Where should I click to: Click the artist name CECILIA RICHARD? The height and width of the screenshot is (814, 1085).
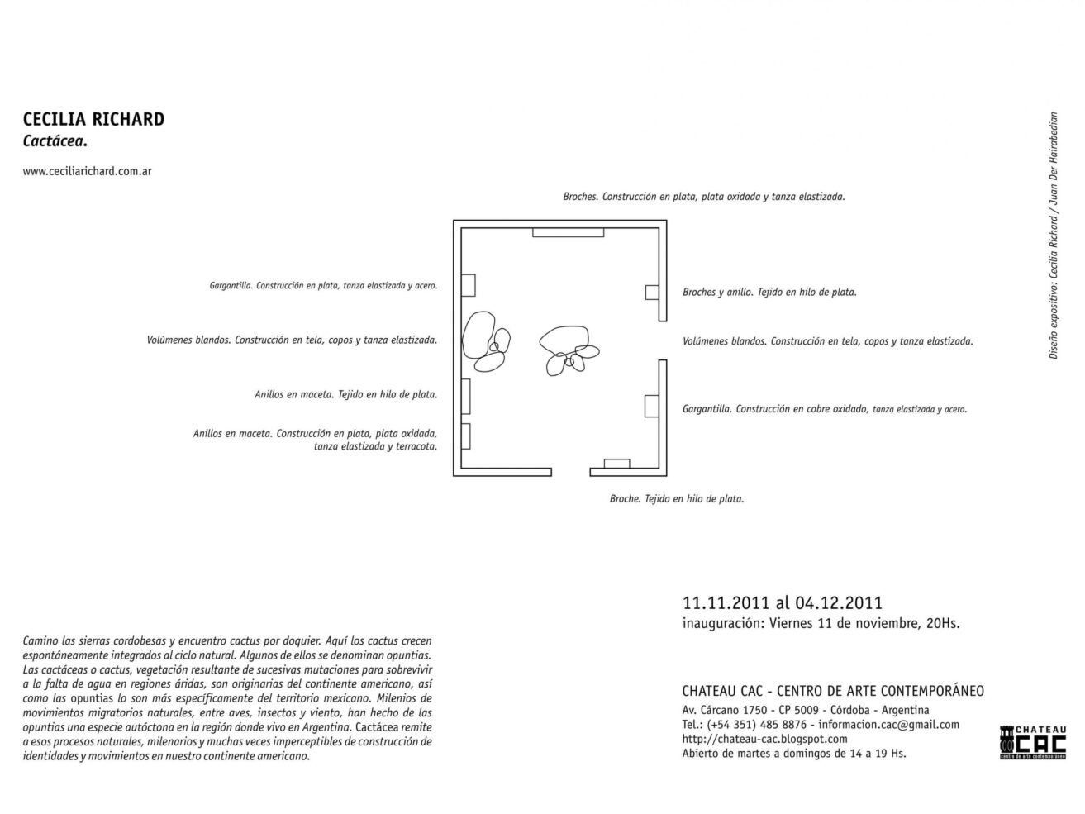(93, 119)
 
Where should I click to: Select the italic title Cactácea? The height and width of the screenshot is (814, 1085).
(55, 141)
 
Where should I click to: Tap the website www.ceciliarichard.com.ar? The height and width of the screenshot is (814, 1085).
(87, 172)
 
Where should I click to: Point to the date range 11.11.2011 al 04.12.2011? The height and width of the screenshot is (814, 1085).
(783, 603)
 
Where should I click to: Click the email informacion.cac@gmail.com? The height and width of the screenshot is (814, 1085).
(888, 725)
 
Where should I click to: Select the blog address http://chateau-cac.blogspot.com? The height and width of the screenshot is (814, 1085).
(764, 739)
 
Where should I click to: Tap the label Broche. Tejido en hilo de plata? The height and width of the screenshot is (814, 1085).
(676, 499)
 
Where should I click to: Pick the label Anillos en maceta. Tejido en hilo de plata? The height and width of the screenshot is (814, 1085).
(345, 395)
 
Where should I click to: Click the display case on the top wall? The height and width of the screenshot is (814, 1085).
(568, 232)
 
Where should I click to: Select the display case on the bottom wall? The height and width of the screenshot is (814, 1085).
(616, 463)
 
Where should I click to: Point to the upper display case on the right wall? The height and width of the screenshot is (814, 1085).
(651, 293)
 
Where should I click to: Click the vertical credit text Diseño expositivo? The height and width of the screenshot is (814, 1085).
(1053, 235)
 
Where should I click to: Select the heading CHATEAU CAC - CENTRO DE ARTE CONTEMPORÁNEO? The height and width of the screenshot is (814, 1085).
(832, 691)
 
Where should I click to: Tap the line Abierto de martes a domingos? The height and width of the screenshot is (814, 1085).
(793, 753)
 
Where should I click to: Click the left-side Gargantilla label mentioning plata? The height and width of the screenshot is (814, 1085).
(323, 286)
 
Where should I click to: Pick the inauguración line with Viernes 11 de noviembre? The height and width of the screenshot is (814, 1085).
(821, 624)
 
